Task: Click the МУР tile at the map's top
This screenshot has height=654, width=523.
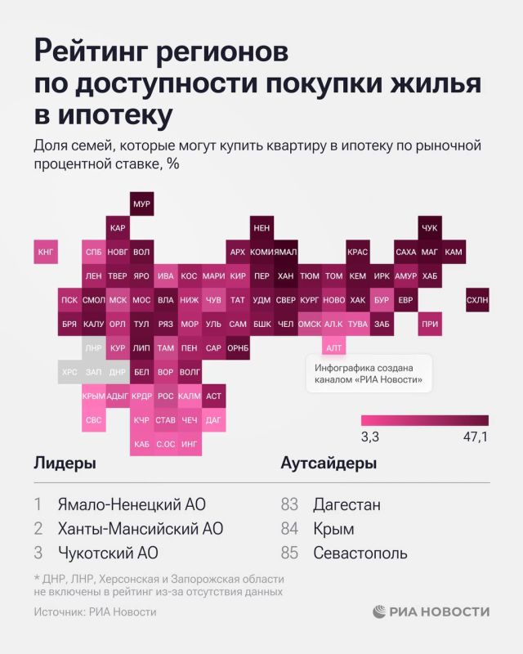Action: pyautogui.click(x=141, y=204)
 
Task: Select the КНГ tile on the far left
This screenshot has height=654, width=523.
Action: pyautogui.click(x=46, y=253)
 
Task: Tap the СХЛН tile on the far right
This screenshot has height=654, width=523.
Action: pyautogui.click(x=476, y=300)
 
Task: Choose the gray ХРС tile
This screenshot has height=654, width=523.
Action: pyautogui.click(x=70, y=372)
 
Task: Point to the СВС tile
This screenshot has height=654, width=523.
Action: pyautogui.click(x=94, y=420)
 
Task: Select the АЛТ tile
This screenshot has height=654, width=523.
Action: pyautogui.click(x=333, y=348)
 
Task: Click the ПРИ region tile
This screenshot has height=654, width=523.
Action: pyautogui.click(x=429, y=325)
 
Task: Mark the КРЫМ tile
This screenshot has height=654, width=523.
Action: pyautogui.click(x=94, y=396)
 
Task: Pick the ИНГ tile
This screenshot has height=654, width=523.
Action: pyautogui.click(x=190, y=444)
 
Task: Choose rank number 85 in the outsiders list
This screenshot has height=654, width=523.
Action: pyautogui.click(x=289, y=553)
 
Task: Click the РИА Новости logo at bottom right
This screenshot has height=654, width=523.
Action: pyautogui.click(x=431, y=611)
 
